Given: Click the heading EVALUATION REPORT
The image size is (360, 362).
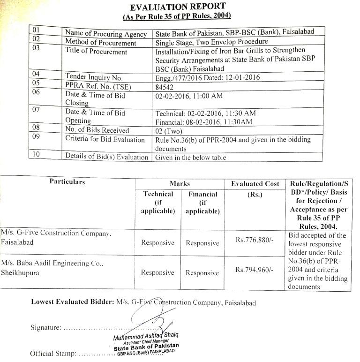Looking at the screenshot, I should pos(178,7).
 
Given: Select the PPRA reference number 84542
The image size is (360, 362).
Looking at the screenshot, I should pos(164,87).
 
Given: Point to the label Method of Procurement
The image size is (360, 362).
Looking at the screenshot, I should pos(100,43).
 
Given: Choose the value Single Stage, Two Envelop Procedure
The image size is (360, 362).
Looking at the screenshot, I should pos(211,42).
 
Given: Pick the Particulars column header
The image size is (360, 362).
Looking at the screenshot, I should pos(67,181).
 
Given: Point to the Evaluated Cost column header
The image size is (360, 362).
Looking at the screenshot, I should pos(255,184).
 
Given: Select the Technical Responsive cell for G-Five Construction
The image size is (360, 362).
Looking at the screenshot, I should pos(157,243).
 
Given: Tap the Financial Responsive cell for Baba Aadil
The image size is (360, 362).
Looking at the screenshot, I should pos(202,272).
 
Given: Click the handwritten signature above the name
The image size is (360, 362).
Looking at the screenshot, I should pos(145,319).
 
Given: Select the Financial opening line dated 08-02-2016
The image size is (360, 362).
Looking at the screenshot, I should pos(203,122).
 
